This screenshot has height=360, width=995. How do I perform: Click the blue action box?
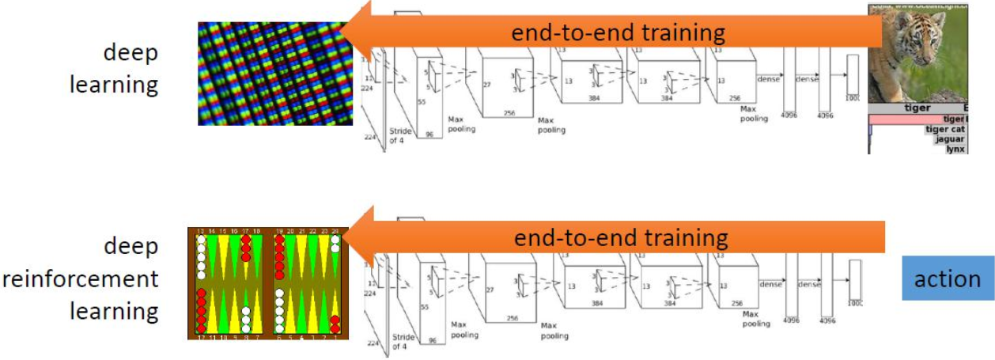(947, 279)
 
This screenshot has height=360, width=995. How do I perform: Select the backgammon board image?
(268, 283)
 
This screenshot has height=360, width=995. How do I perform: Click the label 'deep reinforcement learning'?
(114, 279)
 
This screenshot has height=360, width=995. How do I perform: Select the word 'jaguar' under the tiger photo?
(949, 139)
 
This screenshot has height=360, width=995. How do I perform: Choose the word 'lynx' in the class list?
(955, 149)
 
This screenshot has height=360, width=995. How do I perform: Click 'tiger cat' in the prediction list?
(944, 129)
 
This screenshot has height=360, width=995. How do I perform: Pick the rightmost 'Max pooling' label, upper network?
(753, 112)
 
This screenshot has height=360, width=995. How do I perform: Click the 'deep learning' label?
(114, 69)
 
